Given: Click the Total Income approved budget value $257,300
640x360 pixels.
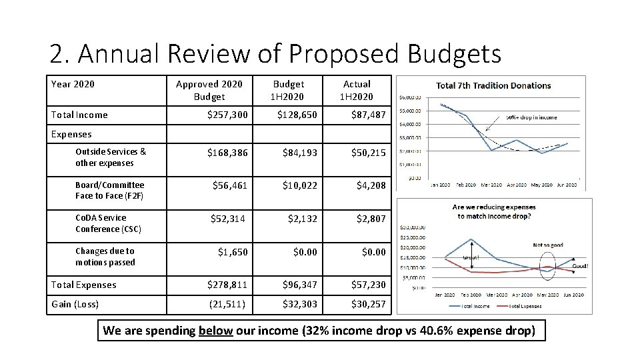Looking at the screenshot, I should [x=227, y=115].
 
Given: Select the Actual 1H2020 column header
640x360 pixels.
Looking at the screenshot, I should [x=357, y=90].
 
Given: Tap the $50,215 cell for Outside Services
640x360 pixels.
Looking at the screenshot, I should [x=369, y=153].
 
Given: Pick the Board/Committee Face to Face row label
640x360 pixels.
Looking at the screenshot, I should [x=109, y=190].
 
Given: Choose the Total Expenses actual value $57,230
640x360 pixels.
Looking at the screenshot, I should [x=369, y=285].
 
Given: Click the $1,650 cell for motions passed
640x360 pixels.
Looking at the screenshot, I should [x=233, y=251].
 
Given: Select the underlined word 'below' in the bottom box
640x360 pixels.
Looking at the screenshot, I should [x=215, y=330].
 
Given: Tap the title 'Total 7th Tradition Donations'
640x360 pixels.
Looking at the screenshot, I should [x=493, y=85].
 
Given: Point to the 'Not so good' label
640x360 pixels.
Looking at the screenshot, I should [x=547, y=245].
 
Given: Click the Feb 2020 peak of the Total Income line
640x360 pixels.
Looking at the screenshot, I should [x=472, y=239].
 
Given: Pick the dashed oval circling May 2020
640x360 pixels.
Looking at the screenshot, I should [x=548, y=268].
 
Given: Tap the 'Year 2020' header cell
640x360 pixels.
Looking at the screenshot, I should [x=73, y=84].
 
